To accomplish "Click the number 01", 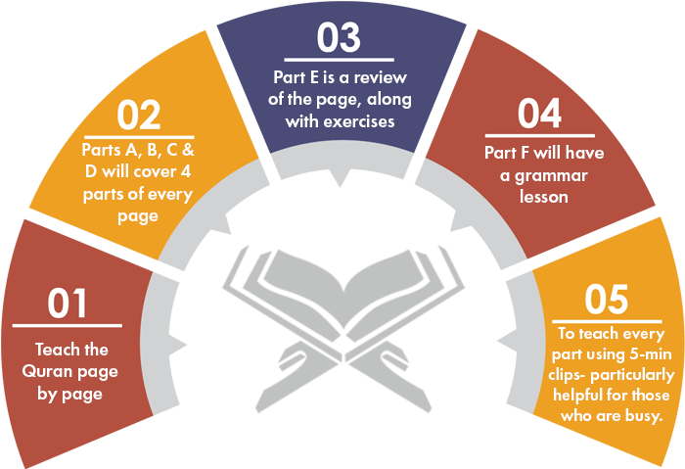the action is [x=67, y=303].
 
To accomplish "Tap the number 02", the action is [x=139, y=115].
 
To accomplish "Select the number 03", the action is [x=339, y=37].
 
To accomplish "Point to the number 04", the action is [x=539, y=114].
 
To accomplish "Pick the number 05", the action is [x=607, y=300].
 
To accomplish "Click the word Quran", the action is [x=46, y=372].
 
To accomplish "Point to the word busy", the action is [x=644, y=416].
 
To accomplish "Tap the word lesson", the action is [x=544, y=197].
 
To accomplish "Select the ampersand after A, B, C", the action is [x=188, y=150].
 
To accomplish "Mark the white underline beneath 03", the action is [x=339, y=60].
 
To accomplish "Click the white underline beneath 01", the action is [x=67, y=325].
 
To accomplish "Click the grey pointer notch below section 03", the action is [x=340, y=178].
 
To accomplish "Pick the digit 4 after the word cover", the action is [x=185, y=171].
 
